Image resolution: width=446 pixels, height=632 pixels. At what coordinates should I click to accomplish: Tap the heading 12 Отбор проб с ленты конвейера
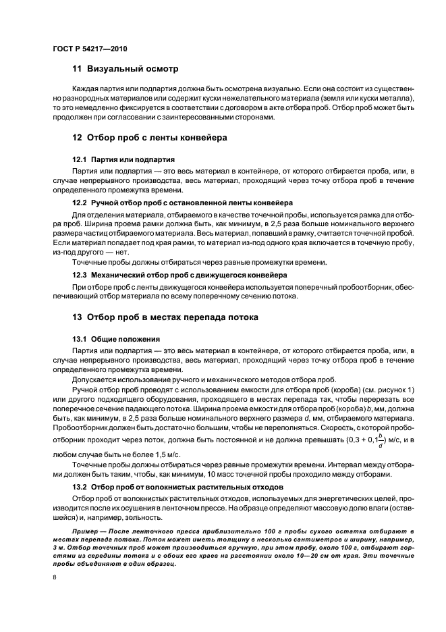pyautogui.click(x=149, y=137)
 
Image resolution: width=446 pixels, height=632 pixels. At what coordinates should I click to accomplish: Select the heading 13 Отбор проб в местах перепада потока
pyautogui.click(x=165, y=317)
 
